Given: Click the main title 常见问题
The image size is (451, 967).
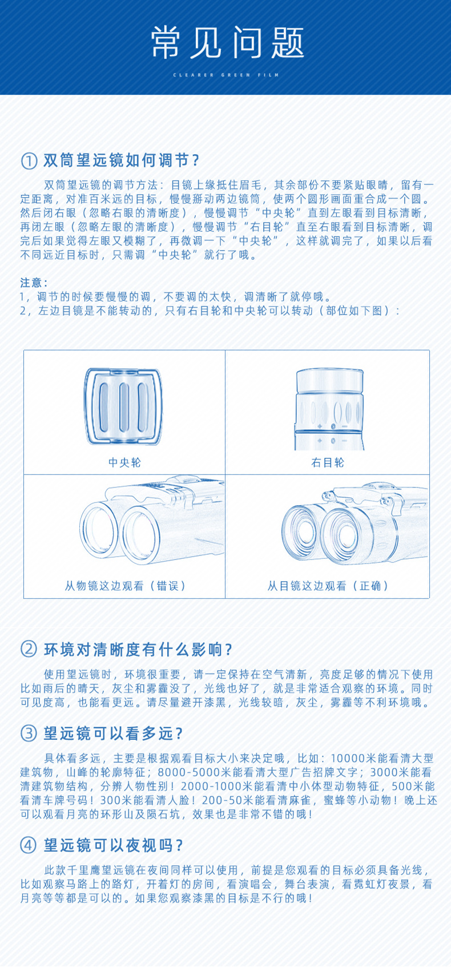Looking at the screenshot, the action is click(227, 42).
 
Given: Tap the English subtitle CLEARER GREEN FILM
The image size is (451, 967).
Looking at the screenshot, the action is click(226, 75).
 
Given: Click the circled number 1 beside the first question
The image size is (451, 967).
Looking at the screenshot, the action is click(29, 161).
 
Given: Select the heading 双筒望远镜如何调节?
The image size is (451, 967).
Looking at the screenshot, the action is click(121, 160).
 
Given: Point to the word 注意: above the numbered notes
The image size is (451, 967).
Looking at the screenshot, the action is click(34, 283).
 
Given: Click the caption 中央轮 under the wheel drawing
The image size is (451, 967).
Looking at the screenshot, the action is click(124, 463).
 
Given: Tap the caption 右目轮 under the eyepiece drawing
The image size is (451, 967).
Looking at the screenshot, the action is click(328, 463).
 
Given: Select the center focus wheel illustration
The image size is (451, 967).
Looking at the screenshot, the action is click(123, 406).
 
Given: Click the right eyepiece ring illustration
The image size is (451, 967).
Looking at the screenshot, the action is click(329, 409).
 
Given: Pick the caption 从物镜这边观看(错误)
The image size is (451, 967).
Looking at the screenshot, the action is click(125, 586).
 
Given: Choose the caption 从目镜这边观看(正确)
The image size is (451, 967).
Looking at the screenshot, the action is click(328, 586).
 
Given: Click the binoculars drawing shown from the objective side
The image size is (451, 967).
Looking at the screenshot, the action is click(152, 520).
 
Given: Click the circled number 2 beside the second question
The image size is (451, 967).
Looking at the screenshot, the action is click(29, 649).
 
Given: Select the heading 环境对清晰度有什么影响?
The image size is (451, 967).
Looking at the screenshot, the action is click(138, 650).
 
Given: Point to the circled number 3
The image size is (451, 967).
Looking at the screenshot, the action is click(29, 734).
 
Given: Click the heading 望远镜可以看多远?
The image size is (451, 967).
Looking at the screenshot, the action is click(114, 734).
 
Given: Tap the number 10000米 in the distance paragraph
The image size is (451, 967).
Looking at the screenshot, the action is click(353, 759).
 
